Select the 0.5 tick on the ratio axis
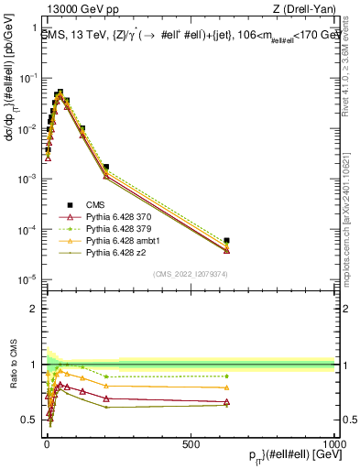[x=28, y=420]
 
